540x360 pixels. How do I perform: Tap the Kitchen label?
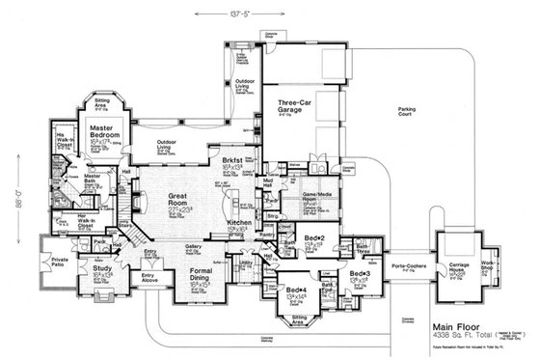239,223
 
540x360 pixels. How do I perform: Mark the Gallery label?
193,247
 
